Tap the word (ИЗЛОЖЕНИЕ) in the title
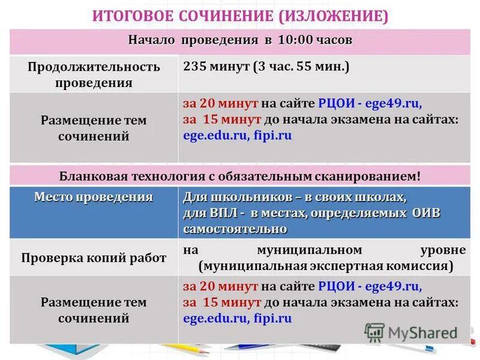coord(334,16)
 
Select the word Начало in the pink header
coord(151,41)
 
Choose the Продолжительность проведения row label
coord(94,74)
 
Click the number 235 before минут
coord(196,67)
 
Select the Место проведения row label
coord(94,197)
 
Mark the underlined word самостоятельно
coord(235,229)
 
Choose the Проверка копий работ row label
coord(94,258)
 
